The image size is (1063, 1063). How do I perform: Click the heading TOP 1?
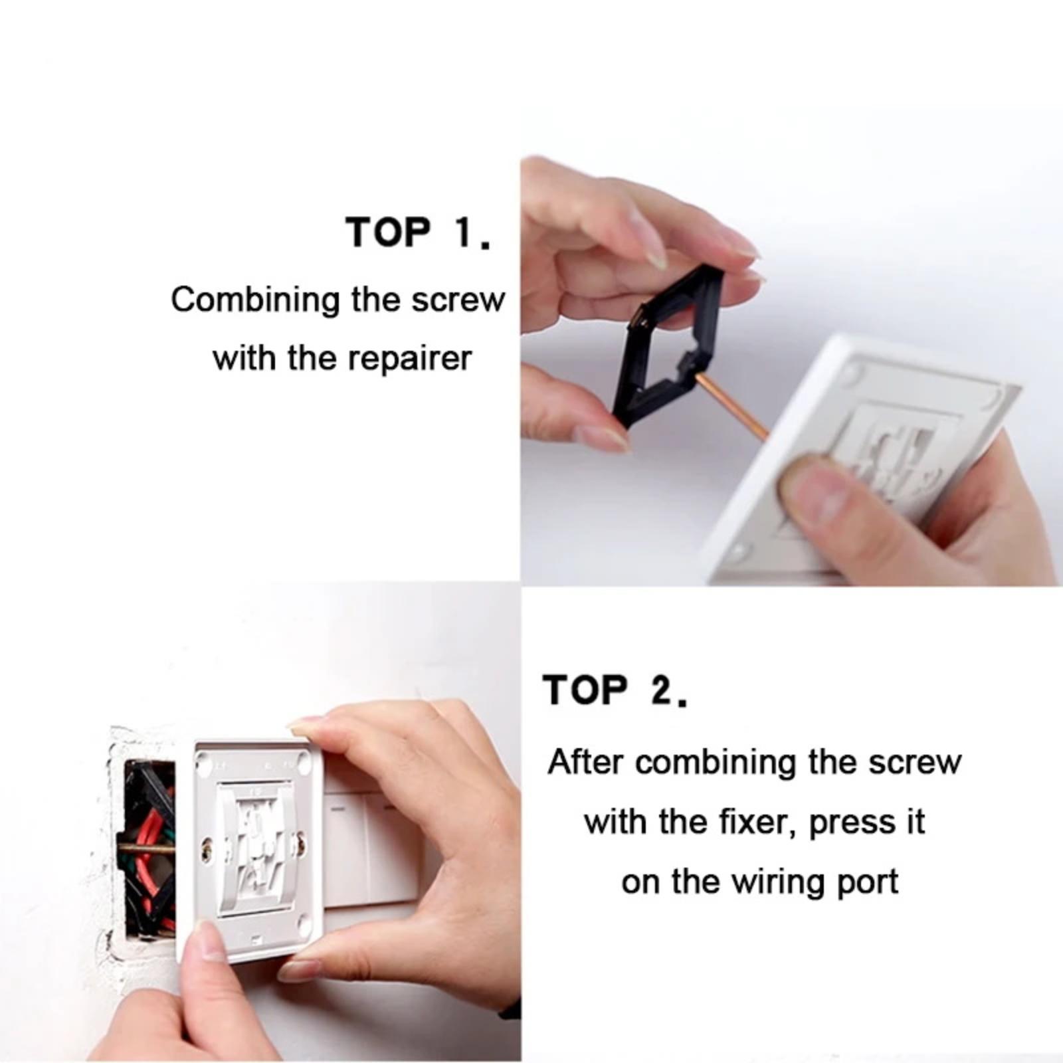click(x=419, y=233)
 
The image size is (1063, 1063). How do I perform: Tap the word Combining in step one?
click(x=256, y=301)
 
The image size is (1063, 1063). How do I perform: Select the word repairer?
click(x=410, y=359)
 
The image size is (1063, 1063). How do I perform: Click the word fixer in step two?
click(x=757, y=822)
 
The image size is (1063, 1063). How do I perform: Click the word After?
click(x=585, y=762)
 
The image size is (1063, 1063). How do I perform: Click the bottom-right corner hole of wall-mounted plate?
click(x=305, y=923)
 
